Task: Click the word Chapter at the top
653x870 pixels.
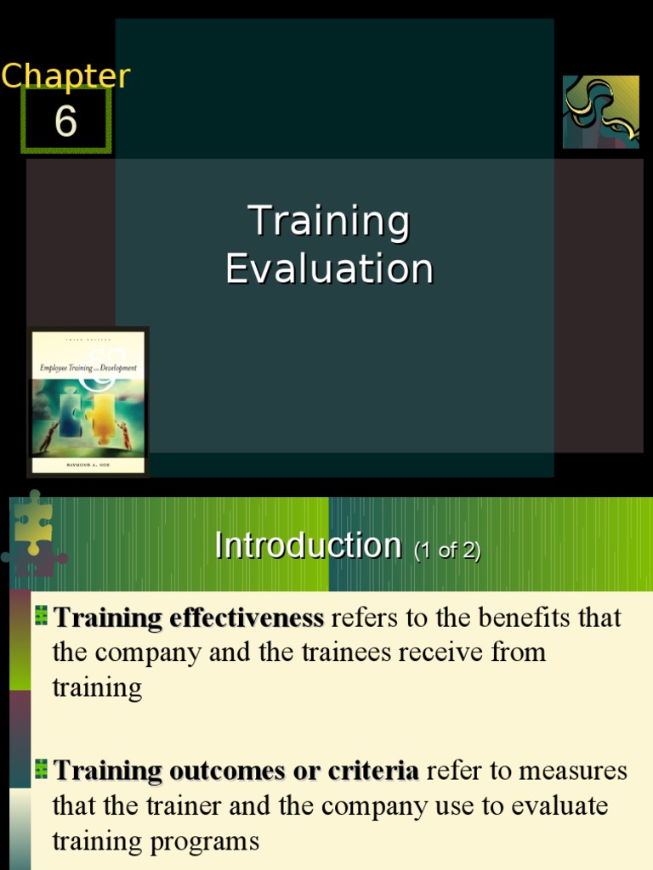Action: pyautogui.click(x=65, y=76)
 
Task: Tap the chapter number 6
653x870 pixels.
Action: pyautogui.click(x=65, y=121)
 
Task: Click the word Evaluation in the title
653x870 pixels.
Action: pyautogui.click(x=330, y=268)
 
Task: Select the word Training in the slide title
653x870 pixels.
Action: pyautogui.click(x=330, y=222)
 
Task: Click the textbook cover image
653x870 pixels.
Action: pyautogui.click(x=88, y=401)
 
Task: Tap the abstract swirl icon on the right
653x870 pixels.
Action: pyautogui.click(x=601, y=111)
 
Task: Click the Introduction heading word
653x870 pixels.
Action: pyautogui.click(x=308, y=545)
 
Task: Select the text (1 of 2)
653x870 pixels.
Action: pyautogui.click(x=448, y=551)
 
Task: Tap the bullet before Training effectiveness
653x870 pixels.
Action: pyautogui.click(x=41, y=617)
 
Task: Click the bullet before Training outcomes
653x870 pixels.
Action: pyautogui.click(x=41, y=770)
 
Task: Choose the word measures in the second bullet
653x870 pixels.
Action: pyautogui.click(x=573, y=771)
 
